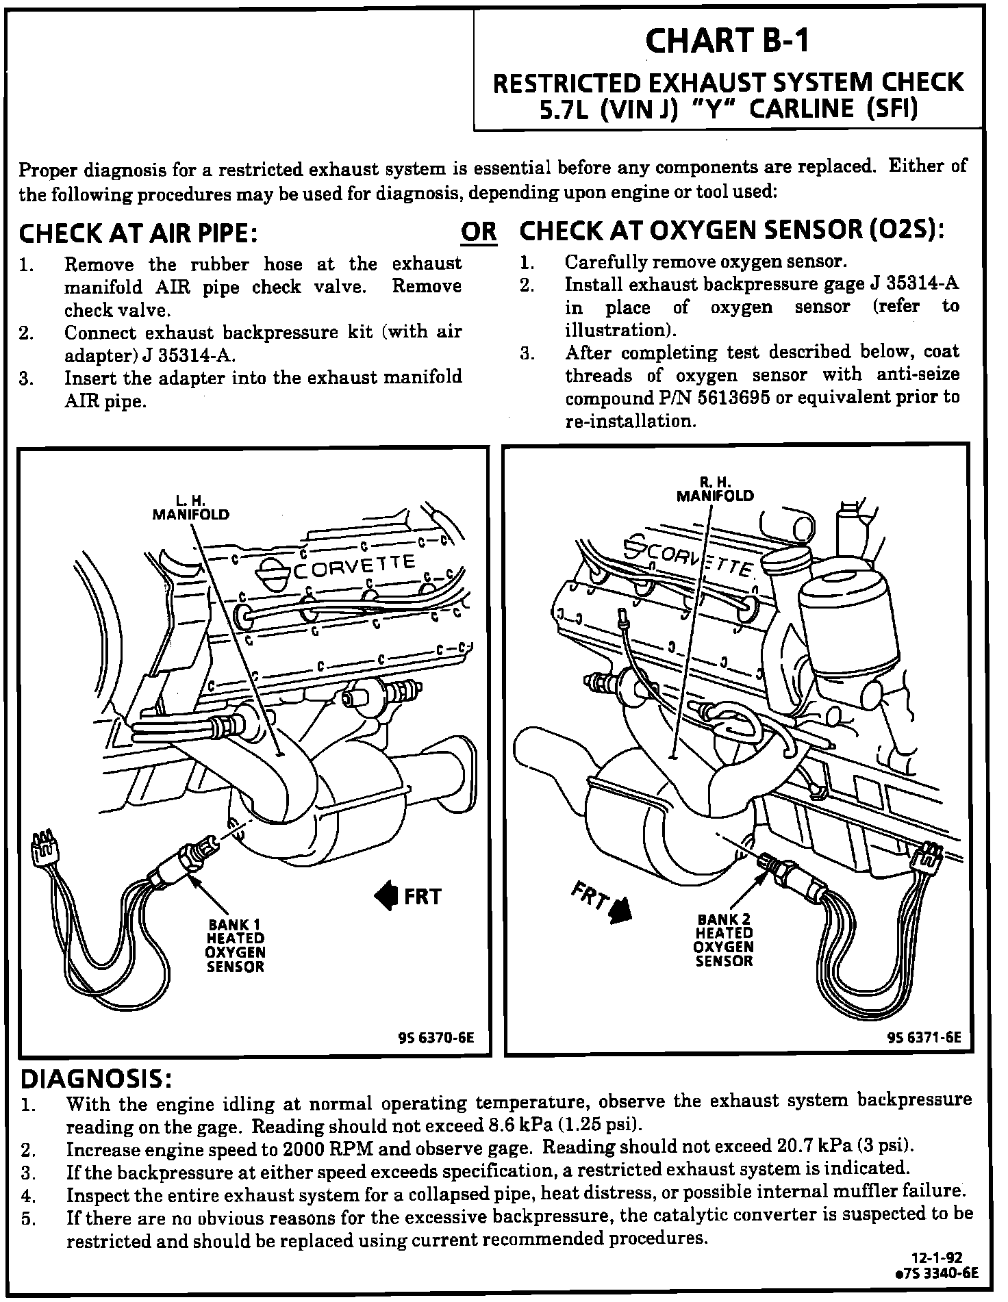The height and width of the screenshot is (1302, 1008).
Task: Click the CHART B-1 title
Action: click(x=727, y=42)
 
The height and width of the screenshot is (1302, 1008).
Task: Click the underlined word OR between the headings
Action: click(x=479, y=232)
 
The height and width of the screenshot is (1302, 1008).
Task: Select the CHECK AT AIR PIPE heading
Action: click(x=138, y=233)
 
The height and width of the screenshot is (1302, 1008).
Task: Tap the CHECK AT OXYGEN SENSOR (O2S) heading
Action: click(x=732, y=231)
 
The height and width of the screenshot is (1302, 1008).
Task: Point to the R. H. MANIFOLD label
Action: click(x=715, y=489)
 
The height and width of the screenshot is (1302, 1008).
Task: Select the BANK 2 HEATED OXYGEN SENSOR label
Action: click(x=724, y=939)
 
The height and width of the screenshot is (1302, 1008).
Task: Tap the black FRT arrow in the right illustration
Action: click(x=621, y=910)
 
